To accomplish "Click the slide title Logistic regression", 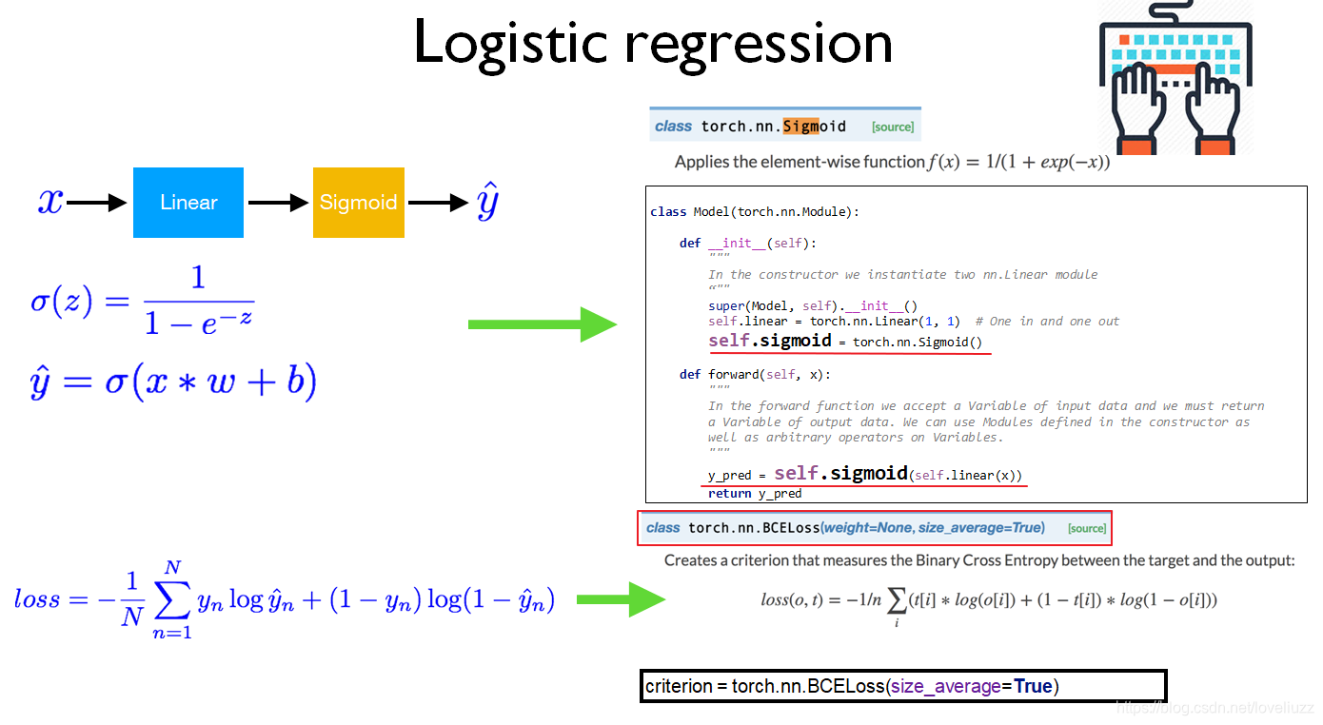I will [653, 43].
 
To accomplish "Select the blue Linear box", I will [188, 203].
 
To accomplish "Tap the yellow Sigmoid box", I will [359, 203].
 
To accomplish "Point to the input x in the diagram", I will [49, 201].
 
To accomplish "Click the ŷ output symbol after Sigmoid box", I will [486, 204].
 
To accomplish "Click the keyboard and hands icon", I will [1176, 78].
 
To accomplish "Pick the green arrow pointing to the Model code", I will [543, 324].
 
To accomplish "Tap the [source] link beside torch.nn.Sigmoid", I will [892, 127].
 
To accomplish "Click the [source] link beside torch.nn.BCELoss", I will [1086, 528].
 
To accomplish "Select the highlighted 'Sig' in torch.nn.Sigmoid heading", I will [798, 127].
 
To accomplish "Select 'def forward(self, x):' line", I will [755, 374].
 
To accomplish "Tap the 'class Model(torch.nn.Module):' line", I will [754, 211].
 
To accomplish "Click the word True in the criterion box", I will [1033, 686].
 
